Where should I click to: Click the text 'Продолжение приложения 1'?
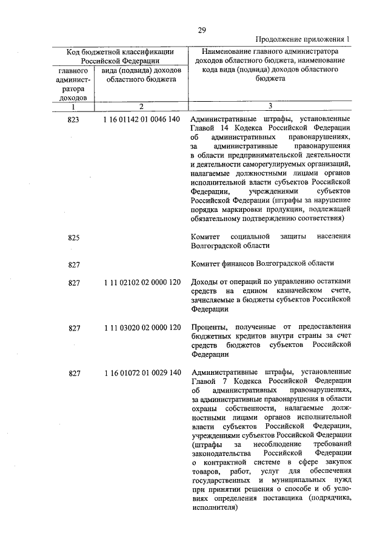[x=301, y=40]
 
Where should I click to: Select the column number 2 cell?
[x=141, y=107]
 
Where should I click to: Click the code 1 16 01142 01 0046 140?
[x=142, y=120]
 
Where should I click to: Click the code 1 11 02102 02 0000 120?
[x=142, y=282]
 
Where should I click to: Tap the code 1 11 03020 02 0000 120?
[x=142, y=328]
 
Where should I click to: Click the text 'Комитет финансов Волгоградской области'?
[x=262, y=263]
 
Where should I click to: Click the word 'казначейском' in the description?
[x=285, y=291]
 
